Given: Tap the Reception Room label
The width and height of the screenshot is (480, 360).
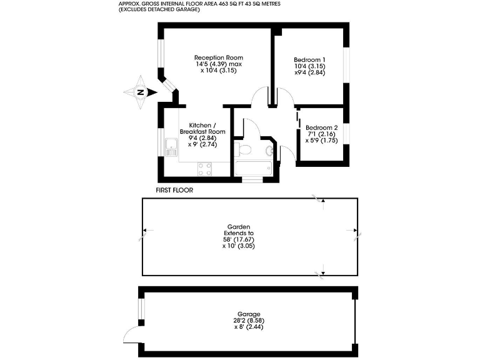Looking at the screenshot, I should coord(218,57).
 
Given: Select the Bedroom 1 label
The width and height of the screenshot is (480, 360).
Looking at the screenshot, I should coord(309,59).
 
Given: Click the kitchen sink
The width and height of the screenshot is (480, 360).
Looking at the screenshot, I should coord(170,147).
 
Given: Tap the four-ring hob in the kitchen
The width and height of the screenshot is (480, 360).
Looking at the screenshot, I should coord(204,167).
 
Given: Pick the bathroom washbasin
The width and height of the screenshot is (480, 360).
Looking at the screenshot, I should coord(269,151).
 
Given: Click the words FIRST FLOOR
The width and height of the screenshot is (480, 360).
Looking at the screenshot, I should coord(174,189).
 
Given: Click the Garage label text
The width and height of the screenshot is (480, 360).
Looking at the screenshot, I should coord(248,314).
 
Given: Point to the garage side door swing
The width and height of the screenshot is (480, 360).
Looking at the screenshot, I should coord(131,335).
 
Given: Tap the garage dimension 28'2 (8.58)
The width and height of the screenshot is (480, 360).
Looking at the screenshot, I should coord(248,320).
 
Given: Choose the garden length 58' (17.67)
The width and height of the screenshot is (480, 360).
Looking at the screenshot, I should coord(239,239).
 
